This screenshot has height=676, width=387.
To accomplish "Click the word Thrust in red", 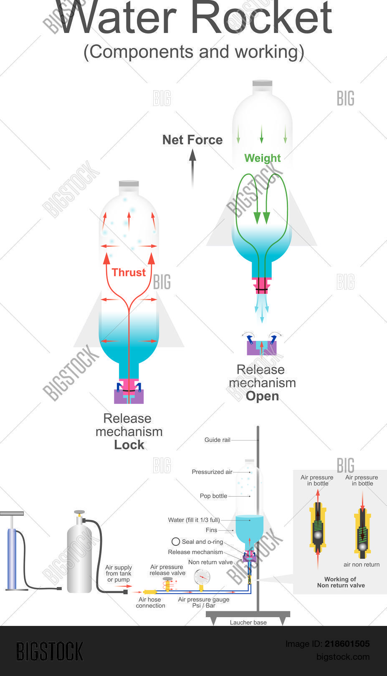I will tap(129, 272).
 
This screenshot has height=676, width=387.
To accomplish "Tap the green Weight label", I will tap(262, 158).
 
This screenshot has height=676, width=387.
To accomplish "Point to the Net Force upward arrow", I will tap(192, 167).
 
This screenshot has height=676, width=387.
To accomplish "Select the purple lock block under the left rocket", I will tap(129, 397).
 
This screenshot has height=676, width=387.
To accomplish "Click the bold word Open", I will tap(262, 396).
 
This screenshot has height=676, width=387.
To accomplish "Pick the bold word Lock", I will tap(129, 445).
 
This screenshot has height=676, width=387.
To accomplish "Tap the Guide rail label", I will tap(217, 440).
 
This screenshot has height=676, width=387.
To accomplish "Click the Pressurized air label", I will tap(212, 472).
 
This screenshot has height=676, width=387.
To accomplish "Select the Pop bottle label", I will tap(213, 496).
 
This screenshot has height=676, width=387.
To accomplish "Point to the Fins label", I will tap(211, 530).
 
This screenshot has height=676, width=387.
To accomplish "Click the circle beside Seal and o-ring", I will tap(176, 542).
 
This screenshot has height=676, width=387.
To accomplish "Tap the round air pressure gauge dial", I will tap(202, 578).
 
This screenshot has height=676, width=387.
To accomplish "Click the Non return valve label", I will tap(210, 562).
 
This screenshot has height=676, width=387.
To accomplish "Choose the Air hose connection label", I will tap(150, 603).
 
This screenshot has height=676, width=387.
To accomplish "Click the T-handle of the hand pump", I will tap(12, 514).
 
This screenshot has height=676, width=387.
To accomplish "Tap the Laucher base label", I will tap(248, 623).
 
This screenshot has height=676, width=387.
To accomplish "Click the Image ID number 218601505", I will tap(347, 644).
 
